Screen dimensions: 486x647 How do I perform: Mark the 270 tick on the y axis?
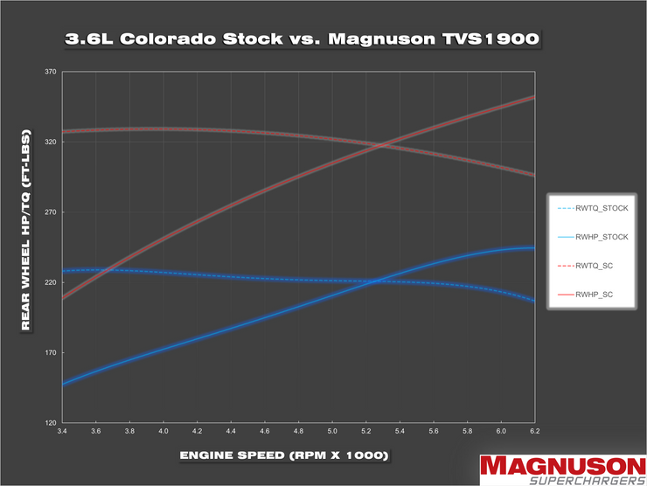(51, 212)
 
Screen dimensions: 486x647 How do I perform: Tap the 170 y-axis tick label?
(51, 353)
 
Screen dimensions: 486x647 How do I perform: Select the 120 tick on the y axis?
(51, 423)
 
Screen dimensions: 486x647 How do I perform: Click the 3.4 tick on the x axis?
(62, 432)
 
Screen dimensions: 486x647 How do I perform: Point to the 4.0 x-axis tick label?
(163, 432)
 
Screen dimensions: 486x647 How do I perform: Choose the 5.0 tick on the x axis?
(332, 432)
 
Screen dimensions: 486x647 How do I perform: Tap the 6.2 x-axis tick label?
(534, 432)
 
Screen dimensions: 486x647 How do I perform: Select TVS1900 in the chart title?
(476, 39)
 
